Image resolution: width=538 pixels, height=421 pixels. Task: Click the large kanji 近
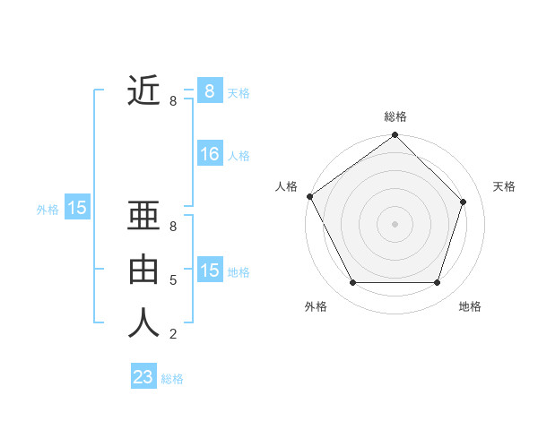tap(143, 90)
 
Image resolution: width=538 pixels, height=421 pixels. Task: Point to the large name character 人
tap(143, 322)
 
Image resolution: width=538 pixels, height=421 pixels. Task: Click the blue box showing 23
tap(143, 377)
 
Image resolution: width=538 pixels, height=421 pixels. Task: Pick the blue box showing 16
tap(210, 155)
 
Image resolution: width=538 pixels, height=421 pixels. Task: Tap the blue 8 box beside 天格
tap(210, 91)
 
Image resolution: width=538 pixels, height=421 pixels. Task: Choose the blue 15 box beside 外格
tap(77, 209)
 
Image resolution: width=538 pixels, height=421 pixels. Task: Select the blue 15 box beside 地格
tap(210, 271)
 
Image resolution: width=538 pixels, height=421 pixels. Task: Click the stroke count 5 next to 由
tap(173, 280)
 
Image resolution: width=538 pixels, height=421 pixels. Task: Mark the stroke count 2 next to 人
tap(173, 334)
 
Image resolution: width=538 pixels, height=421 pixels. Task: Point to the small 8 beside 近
tap(173, 101)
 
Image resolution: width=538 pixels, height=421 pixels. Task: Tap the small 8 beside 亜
tap(173, 227)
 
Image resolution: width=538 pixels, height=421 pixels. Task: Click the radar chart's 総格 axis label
tap(395, 116)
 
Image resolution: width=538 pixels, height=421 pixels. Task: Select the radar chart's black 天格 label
tap(505, 186)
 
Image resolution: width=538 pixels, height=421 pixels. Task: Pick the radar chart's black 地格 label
tap(470, 306)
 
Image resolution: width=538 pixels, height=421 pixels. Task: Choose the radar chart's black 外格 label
tap(316, 306)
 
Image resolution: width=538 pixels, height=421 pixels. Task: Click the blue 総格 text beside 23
tap(172, 379)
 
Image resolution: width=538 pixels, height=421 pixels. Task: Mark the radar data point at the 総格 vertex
tap(395, 136)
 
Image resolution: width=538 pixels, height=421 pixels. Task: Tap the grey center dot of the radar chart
tap(395, 223)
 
